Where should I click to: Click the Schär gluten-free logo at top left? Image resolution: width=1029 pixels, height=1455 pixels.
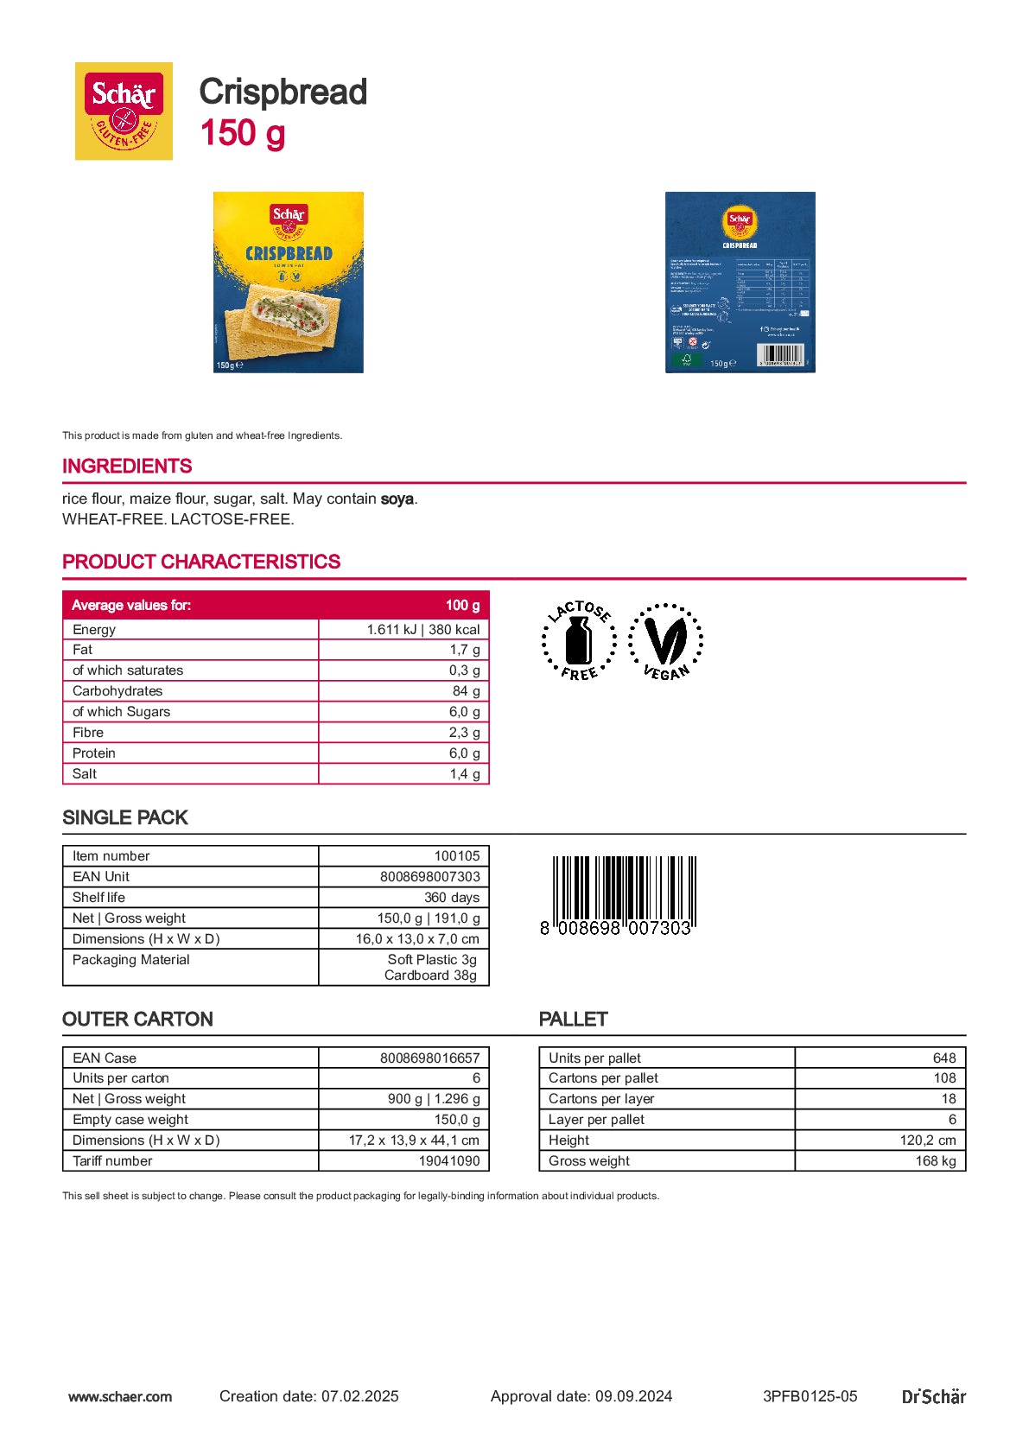point(124,111)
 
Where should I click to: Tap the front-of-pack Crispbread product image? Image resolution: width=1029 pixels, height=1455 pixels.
point(289,283)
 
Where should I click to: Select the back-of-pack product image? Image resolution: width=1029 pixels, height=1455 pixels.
point(740,283)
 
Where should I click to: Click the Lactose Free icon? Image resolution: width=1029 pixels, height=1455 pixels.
point(579,640)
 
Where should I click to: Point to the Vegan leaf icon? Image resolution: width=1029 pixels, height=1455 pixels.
point(665,641)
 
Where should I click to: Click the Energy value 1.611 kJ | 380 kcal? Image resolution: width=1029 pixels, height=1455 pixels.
point(422,629)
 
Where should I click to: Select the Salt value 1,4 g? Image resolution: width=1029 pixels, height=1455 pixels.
point(465,774)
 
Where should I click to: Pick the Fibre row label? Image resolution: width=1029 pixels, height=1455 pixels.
point(88,733)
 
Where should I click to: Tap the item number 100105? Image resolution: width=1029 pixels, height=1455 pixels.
point(456,856)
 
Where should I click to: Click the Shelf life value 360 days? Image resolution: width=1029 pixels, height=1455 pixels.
point(451,898)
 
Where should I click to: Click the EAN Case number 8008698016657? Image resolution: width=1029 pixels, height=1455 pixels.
point(429,1058)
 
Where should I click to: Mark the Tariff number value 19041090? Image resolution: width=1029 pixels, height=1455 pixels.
point(448,1161)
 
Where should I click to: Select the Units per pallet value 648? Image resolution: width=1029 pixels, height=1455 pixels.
point(943,1058)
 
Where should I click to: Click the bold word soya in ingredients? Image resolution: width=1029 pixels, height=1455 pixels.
point(397,499)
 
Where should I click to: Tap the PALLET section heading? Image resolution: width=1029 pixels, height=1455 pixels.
point(573,1020)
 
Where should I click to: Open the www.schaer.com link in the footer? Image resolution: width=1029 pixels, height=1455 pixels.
point(120,1396)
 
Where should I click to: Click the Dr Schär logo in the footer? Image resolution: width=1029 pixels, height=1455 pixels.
point(933,1396)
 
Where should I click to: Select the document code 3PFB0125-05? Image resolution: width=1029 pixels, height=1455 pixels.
point(810,1396)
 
